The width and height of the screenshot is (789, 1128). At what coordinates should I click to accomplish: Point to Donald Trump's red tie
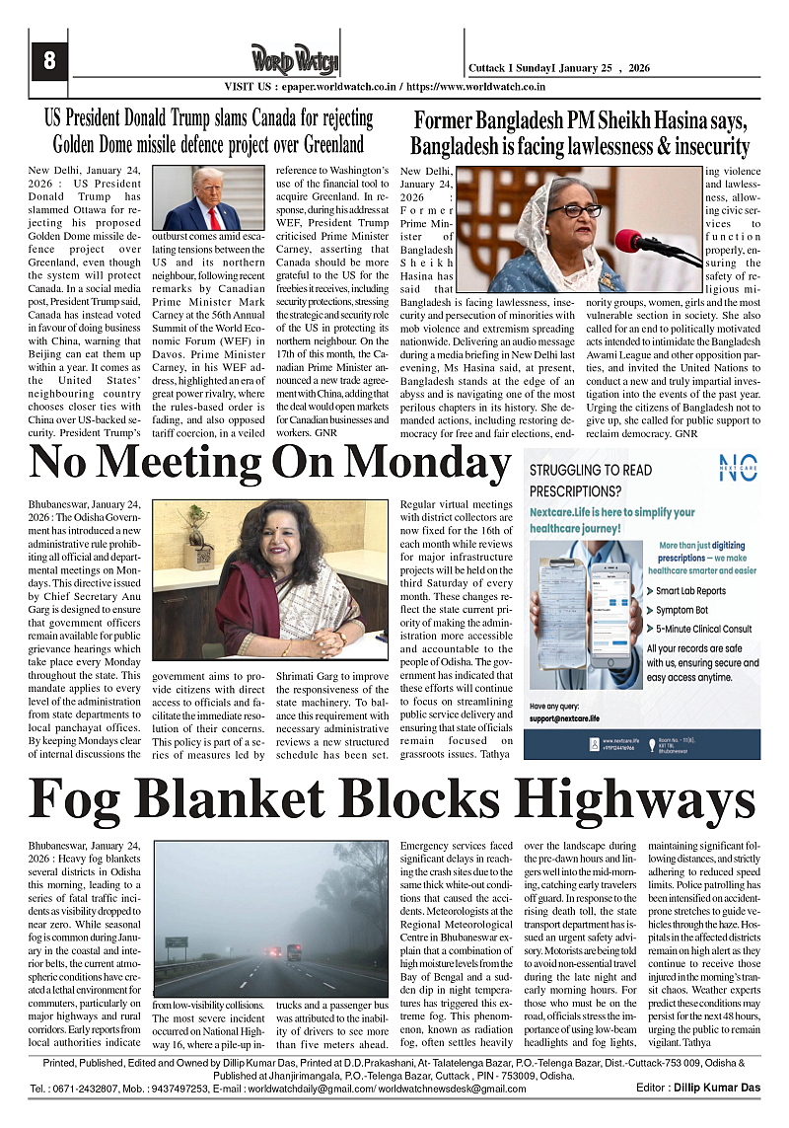pos(211,216)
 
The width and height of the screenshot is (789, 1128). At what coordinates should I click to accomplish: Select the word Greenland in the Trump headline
pos(319,144)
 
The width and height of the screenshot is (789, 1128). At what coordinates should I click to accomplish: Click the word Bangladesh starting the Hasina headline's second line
pos(465,147)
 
